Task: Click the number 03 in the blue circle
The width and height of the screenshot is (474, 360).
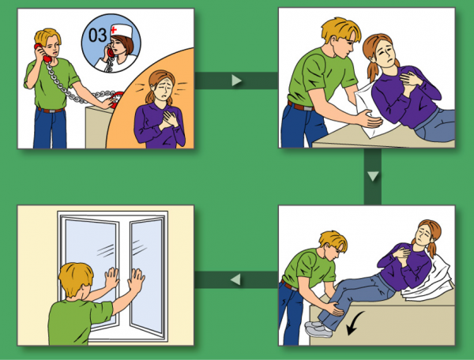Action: pyautogui.click(x=97, y=36)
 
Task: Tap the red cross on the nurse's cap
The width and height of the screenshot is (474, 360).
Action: pyautogui.click(x=114, y=30)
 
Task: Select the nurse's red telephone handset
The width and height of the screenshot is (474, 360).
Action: pyautogui.click(x=111, y=52)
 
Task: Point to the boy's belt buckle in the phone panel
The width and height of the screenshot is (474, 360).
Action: pyautogui.click(x=51, y=111)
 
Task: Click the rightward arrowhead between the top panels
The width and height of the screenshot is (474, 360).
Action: pyautogui.click(x=236, y=81)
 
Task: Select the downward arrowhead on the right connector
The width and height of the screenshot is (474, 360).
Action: pyautogui.click(x=373, y=176)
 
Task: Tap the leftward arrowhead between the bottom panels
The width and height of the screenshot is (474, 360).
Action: pyautogui.click(x=235, y=279)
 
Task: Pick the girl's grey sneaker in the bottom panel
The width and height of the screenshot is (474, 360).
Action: pyautogui.click(x=318, y=329)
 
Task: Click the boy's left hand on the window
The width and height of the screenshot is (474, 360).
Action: pyautogui.click(x=112, y=278)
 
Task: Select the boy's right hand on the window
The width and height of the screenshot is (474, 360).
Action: pyautogui.click(x=137, y=279)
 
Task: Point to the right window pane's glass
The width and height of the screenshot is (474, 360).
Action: pyautogui.click(x=147, y=275)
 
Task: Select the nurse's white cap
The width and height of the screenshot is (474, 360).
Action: pyautogui.click(x=122, y=31)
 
